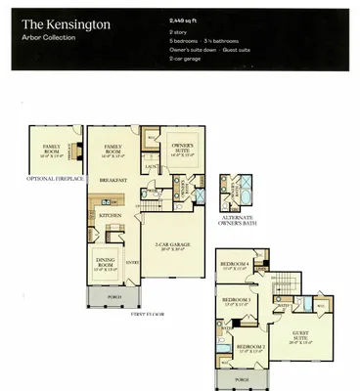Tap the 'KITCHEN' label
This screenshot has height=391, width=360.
(111, 214)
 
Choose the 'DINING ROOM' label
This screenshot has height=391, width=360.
(107, 261)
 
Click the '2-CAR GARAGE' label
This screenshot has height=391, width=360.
(172, 245)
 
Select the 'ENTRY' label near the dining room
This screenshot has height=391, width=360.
(133, 262)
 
